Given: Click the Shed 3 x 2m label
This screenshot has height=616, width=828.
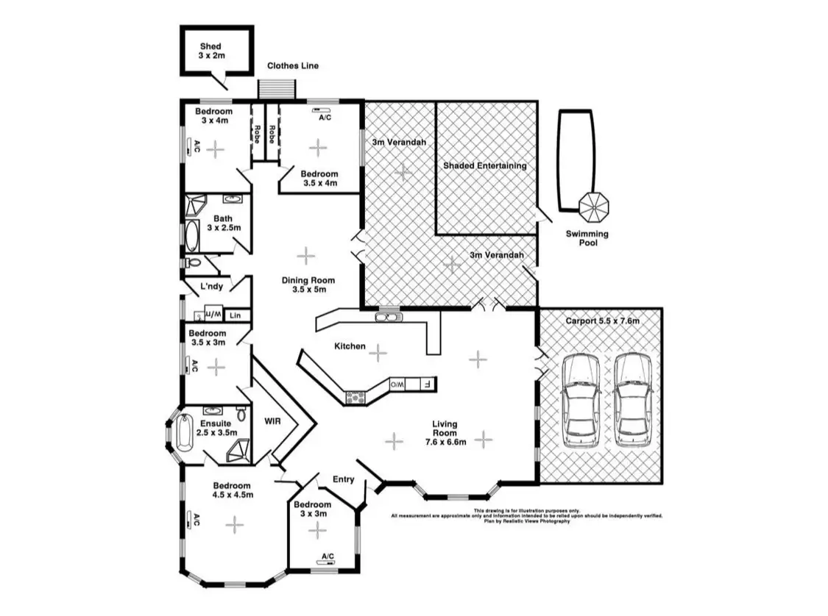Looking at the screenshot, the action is (x=210, y=51).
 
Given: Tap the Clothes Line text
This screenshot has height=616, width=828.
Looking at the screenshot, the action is (x=293, y=65).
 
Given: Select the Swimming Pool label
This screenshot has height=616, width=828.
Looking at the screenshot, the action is (x=587, y=238).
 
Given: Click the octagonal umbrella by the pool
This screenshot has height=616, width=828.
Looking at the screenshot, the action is (x=594, y=207).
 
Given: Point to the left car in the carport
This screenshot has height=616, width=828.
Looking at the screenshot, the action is (x=580, y=401).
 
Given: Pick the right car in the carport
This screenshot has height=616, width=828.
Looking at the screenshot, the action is (x=634, y=401).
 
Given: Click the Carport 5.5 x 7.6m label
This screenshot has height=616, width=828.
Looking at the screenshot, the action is (x=602, y=321).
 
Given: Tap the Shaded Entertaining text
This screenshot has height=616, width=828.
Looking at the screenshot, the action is (x=484, y=166).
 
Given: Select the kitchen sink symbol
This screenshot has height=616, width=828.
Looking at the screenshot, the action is (x=387, y=318).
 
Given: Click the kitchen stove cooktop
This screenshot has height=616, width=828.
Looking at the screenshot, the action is (x=356, y=397).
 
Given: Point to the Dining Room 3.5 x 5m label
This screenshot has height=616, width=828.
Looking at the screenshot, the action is (x=308, y=284).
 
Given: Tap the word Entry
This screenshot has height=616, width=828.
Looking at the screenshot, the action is (x=343, y=479).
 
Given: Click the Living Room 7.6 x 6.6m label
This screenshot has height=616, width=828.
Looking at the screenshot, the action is (x=445, y=433).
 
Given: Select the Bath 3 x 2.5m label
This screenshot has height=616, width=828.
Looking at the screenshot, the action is (x=222, y=223).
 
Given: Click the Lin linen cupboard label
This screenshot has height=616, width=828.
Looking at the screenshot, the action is (x=235, y=315).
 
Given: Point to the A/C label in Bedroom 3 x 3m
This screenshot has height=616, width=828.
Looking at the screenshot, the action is (x=328, y=556).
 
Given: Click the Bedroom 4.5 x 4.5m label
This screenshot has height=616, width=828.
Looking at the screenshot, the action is (x=233, y=490).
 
